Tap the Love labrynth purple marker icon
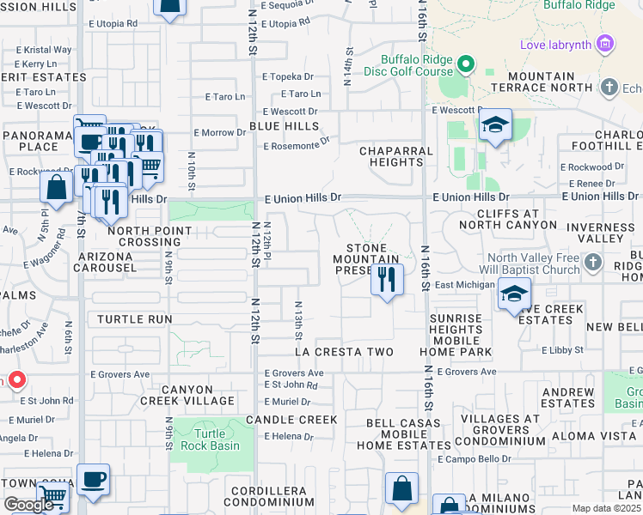tap(605, 43)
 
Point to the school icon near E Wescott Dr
tap(495, 125)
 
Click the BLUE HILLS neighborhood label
tap(284, 125)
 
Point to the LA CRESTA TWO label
tap(344, 352)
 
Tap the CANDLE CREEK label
tap(291, 420)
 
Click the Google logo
tap(29, 505)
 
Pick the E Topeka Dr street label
tap(292, 76)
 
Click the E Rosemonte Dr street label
tap(297, 146)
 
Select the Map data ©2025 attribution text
tap(607, 508)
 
